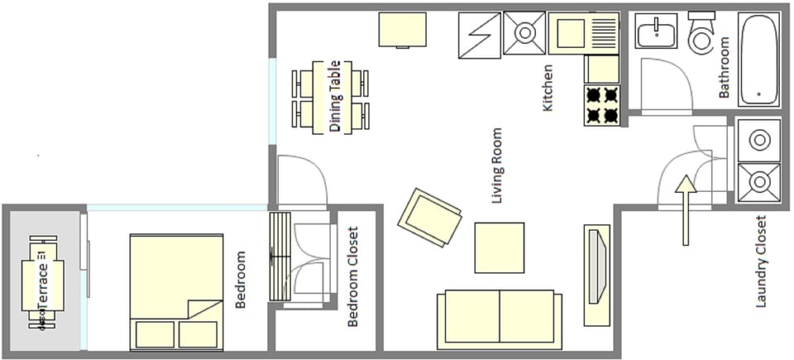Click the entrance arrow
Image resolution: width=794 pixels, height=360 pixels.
pos(685,210)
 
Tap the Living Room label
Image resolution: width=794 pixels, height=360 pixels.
pos(497,166)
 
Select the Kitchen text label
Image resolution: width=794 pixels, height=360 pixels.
pos(547,89)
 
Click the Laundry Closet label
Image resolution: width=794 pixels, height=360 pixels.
pos(762,262)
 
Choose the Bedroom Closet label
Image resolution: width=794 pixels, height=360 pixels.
pos(353,276)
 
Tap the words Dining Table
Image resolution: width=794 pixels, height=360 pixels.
pos(335,97)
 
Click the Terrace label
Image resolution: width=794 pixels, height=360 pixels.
pos(44,282)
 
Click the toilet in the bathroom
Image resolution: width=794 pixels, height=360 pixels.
pos(701,33)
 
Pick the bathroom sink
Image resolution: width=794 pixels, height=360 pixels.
pos(657,33)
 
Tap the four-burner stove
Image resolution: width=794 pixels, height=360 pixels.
pos(603,105)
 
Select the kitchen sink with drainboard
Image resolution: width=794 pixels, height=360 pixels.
pos(584,33)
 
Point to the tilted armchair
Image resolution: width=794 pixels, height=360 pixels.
pos(430,218)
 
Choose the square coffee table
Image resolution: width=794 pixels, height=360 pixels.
pos(499,247)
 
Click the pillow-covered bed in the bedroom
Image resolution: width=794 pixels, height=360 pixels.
pos(176,291)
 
